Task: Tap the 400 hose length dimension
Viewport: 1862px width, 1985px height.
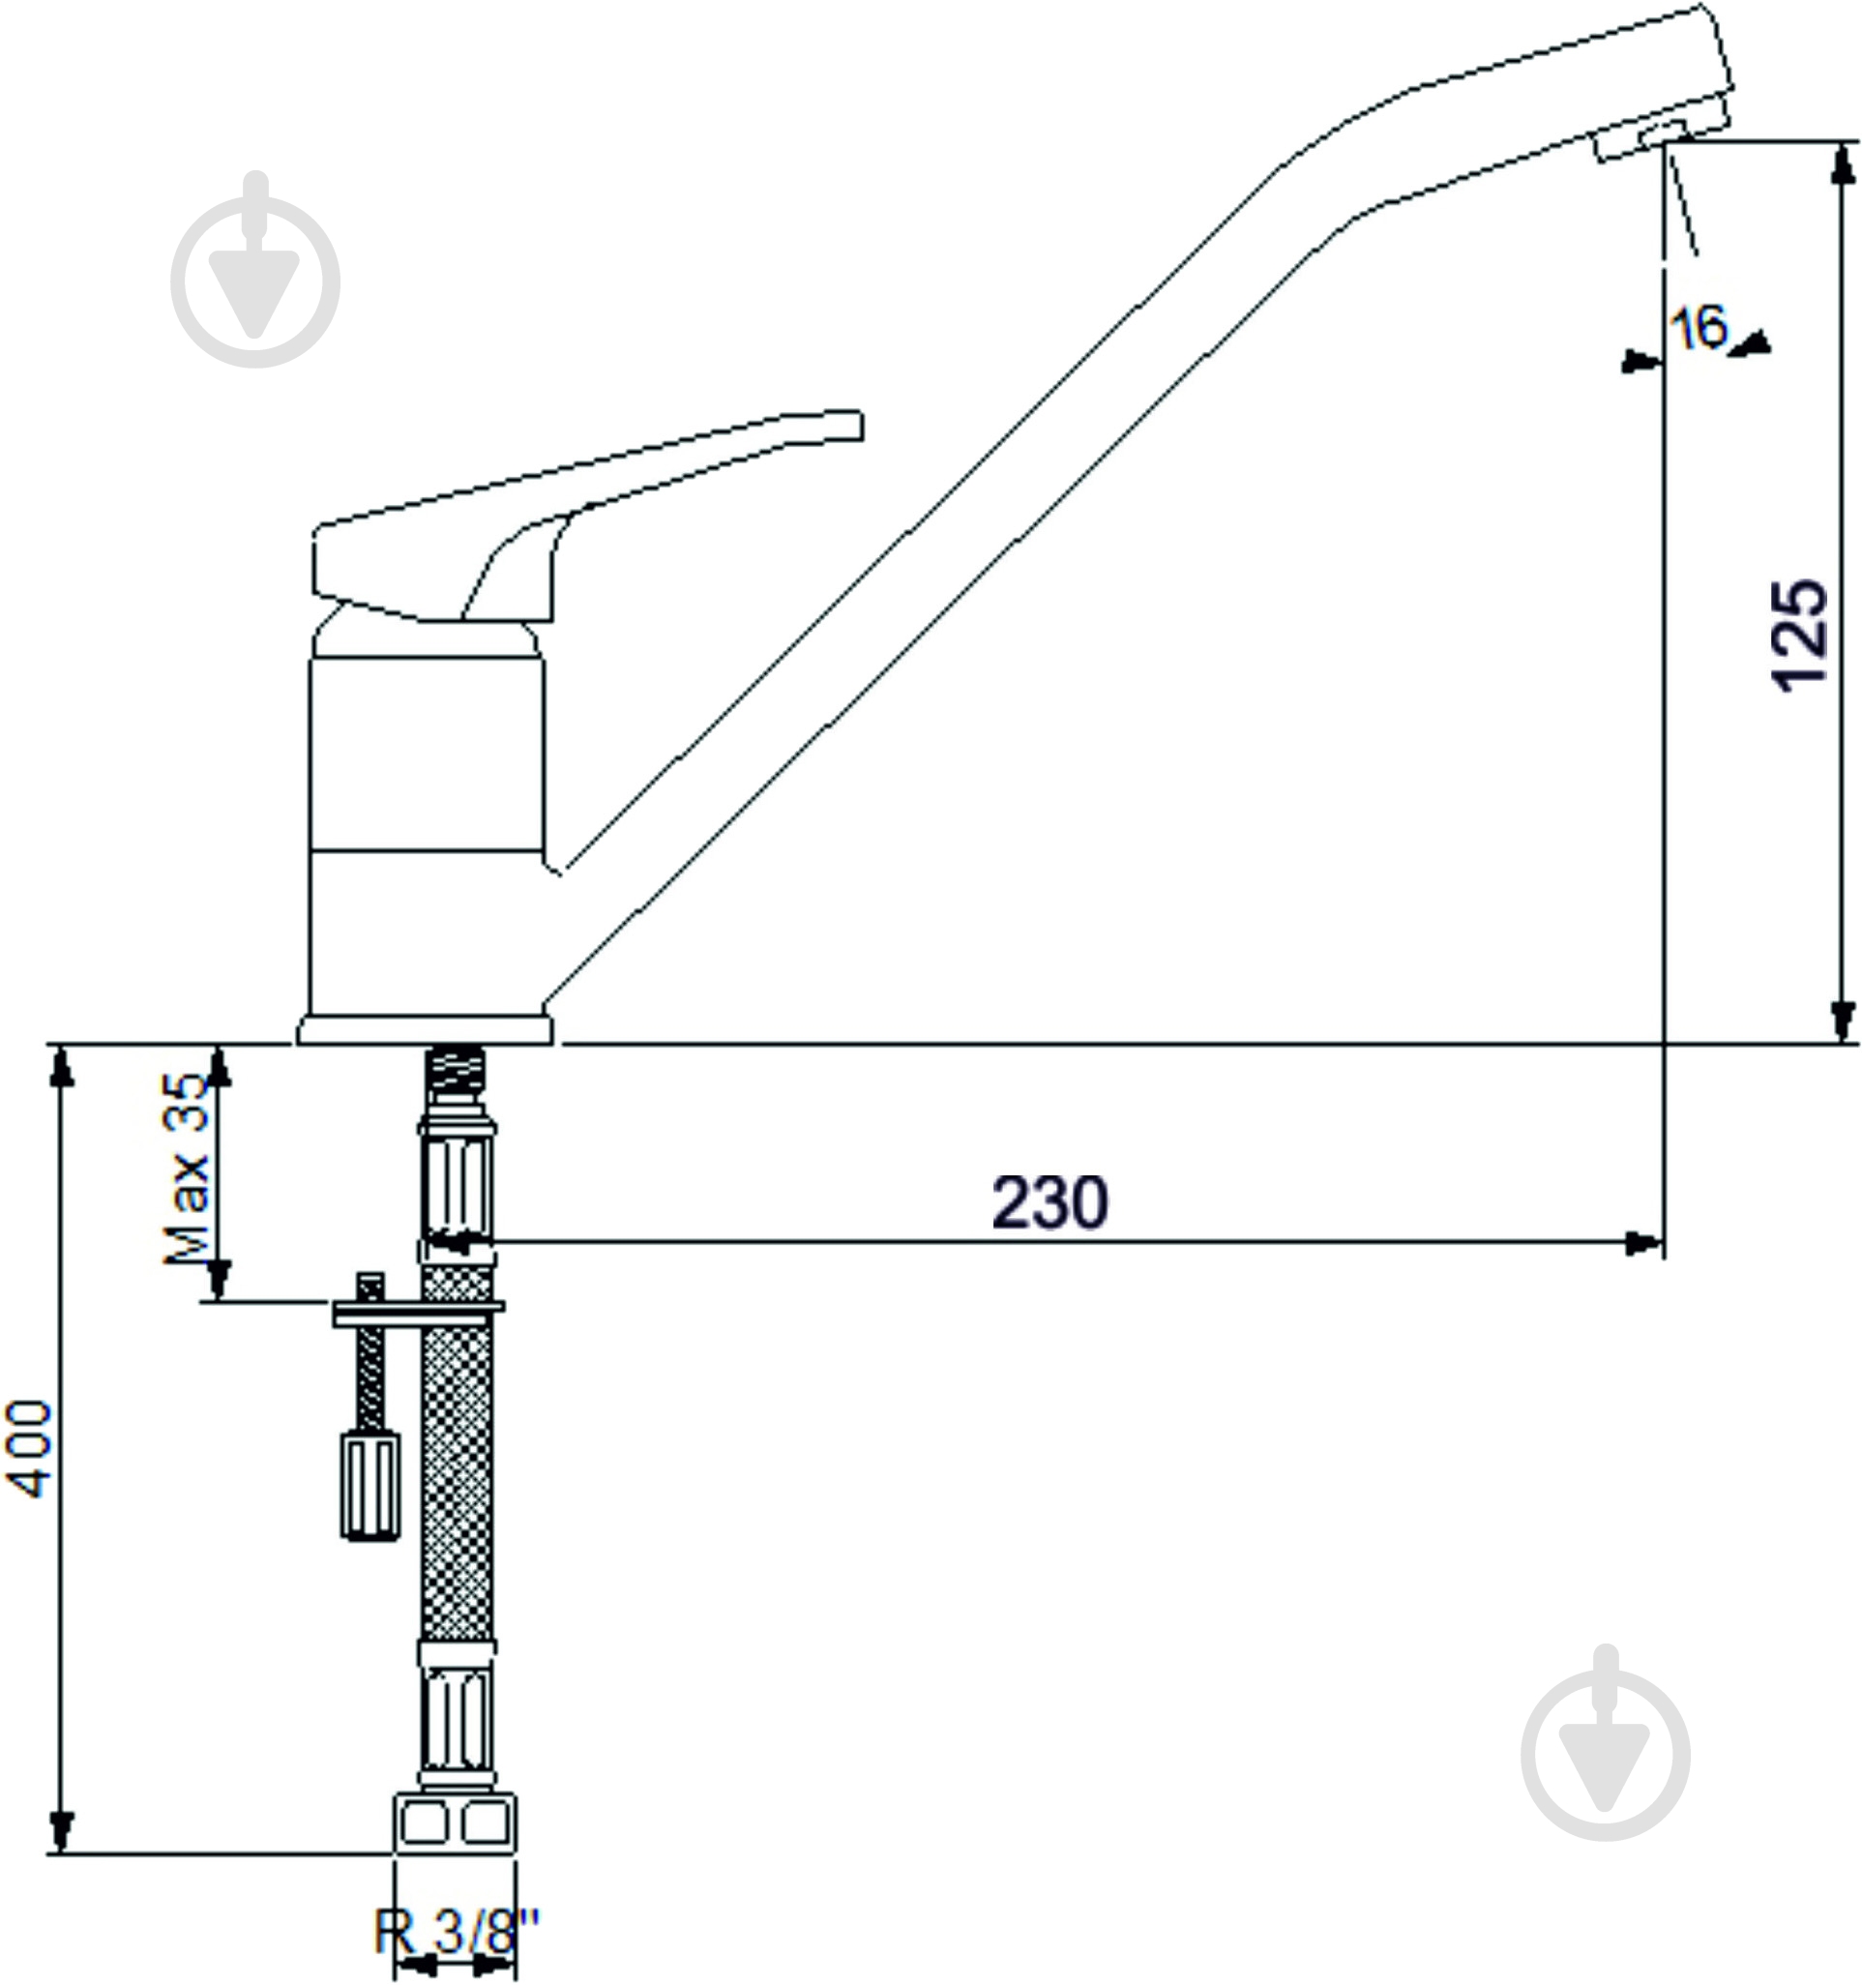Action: point(29,1449)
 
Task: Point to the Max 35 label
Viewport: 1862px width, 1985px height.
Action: point(187,1169)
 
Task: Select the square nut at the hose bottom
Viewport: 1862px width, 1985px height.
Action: point(456,1823)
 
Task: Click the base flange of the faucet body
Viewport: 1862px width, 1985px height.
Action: point(425,1029)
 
